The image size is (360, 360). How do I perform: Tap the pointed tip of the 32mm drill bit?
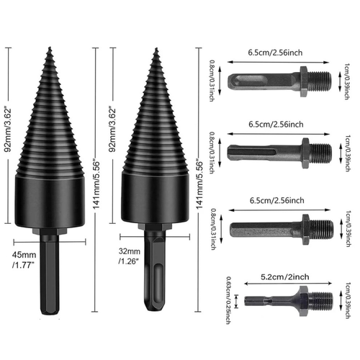coord(156,50)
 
